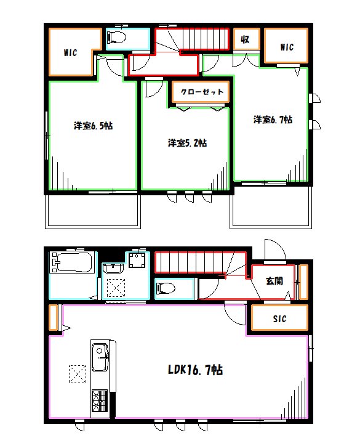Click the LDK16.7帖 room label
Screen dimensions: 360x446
pyautogui.click(x=195, y=370)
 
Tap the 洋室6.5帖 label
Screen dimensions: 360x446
pyautogui.click(x=93, y=126)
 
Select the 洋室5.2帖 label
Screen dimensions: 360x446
pyautogui.click(x=187, y=142)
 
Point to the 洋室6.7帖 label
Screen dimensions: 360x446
pyautogui.click(x=273, y=120)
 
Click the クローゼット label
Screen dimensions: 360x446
pyautogui.click(x=202, y=92)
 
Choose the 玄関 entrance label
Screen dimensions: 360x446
pyautogui.click(x=274, y=281)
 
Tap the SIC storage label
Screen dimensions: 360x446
pyautogui.click(x=279, y=319)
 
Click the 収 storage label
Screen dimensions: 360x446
pyautogui.click(x=245, y=39)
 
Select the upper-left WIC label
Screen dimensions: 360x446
pyautogui.click(x=70, y=52)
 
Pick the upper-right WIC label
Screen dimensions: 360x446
pyautogui.click(x=287, y=47)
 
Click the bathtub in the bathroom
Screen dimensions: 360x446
pyautogui.click(x=72, y=262)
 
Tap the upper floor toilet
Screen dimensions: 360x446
pyautogui.click(x=117, y=37)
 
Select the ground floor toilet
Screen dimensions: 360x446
pyautogui.click(x=166, y=288)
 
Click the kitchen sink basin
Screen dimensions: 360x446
pyautogui.click(x=100, y=357)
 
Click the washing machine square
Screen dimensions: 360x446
pyautogui.click(x=137, y=260)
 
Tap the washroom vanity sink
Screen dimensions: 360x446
pyautogui.click(x=113, y=268)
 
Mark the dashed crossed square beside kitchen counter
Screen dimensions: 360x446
pyautogui.click(x=78, y=374)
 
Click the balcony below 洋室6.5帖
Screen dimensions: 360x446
pyautogui.click(x=93, y=212)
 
